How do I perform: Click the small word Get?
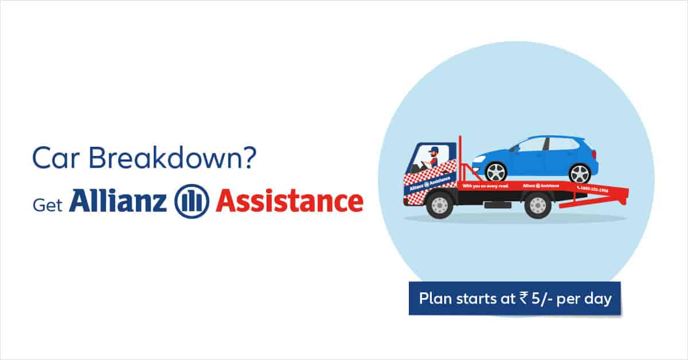point(46,205)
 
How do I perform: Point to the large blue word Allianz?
point(118,201)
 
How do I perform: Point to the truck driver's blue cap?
point(433,150)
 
